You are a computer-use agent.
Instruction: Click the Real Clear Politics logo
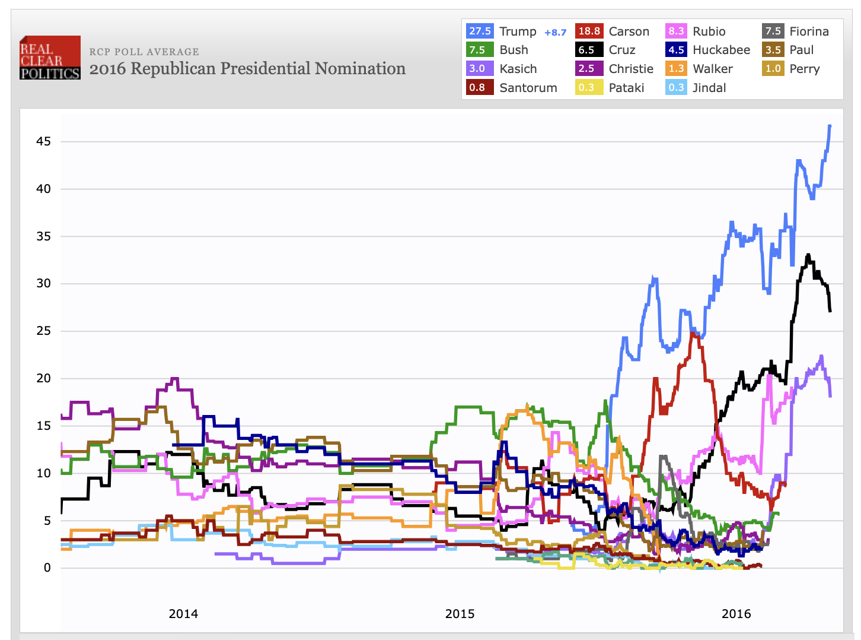50,58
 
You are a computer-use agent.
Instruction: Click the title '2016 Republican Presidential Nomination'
247,69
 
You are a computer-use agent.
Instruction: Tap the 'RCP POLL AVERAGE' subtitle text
144,52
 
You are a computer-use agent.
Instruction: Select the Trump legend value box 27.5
480,31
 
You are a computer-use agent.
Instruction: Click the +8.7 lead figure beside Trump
555,33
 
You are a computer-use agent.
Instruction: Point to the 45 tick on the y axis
43,141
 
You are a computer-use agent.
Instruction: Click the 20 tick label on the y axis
43,378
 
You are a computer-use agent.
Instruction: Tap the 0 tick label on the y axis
47,568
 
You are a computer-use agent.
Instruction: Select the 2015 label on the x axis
460,614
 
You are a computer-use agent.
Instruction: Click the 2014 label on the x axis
183,614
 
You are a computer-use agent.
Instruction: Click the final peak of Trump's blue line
830,126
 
